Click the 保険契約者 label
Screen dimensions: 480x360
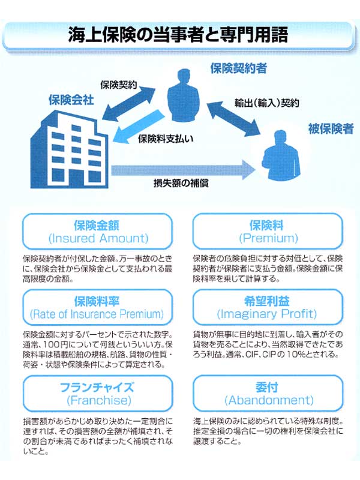click(x=238, y=68)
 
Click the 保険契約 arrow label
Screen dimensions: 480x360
click(x=119, y=85)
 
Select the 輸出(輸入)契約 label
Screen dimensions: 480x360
click(x=266, y=103)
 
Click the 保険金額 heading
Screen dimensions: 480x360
click(x=97, y=225)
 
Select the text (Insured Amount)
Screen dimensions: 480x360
click(x=97, y=238)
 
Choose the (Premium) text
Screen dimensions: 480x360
click(x=268, y=238)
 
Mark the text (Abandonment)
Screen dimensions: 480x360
click(x=268, y=400)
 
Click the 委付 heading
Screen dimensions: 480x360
click(x=268, y=386)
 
